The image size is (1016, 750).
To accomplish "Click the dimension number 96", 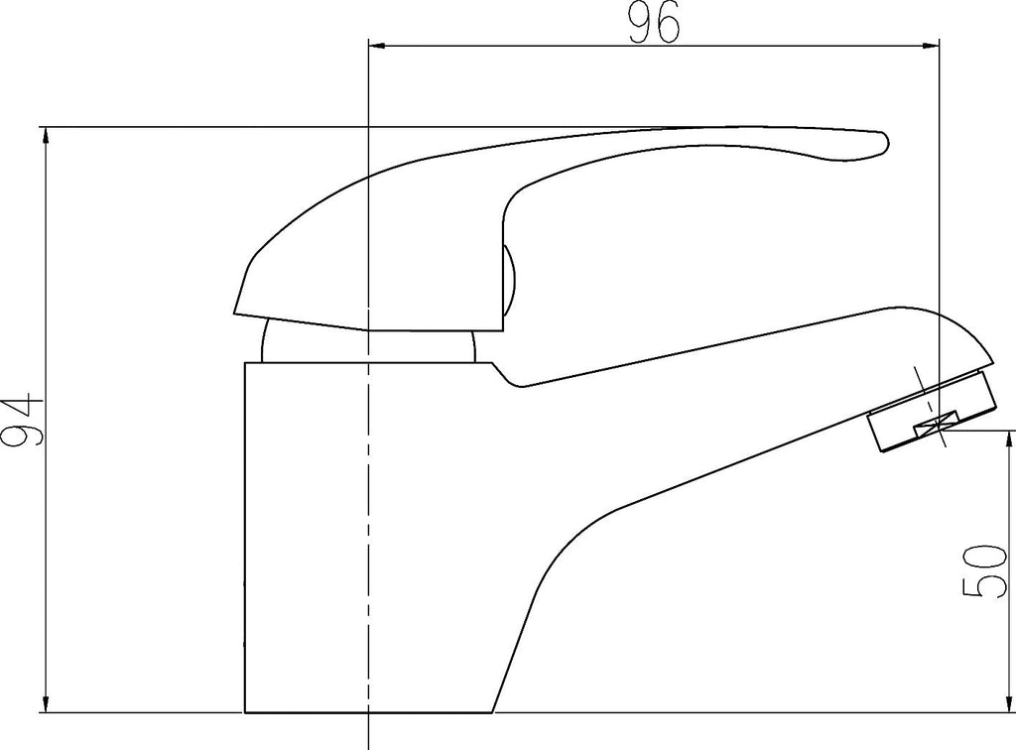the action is click(655, 22).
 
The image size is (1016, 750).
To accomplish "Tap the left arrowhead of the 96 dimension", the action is click(378, 46).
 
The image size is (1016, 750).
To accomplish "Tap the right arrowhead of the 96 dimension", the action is click(930, 46).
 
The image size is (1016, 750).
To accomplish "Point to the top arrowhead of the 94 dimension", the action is click(46, 137).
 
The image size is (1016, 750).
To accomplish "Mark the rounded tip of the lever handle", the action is click(885, 143).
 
